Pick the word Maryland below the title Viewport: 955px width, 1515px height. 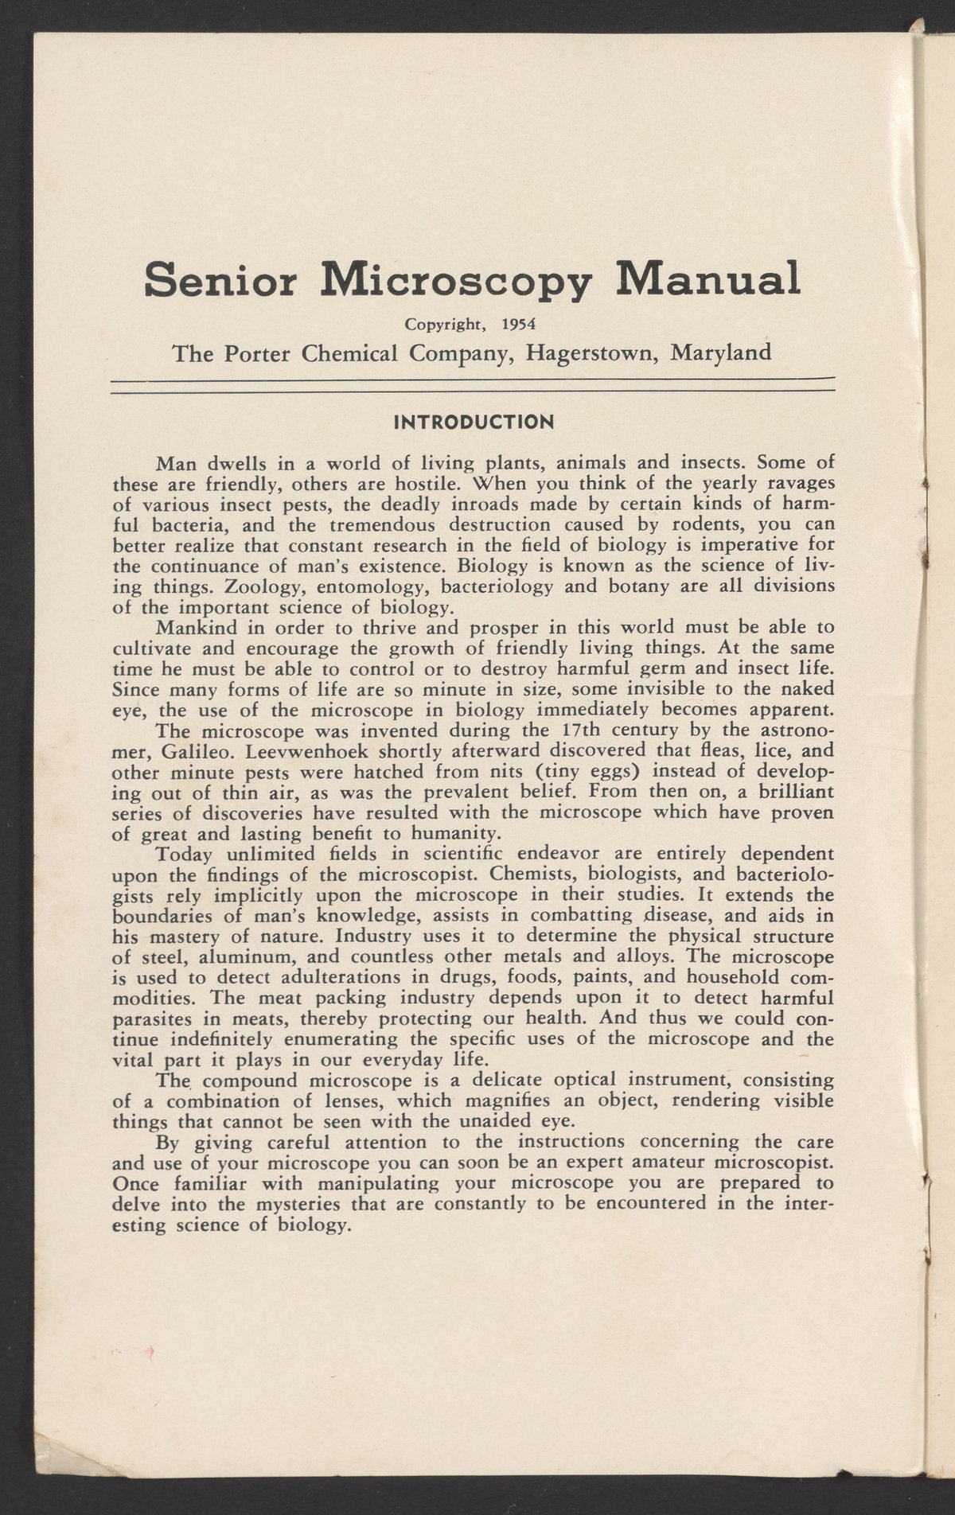coord(721,352)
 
